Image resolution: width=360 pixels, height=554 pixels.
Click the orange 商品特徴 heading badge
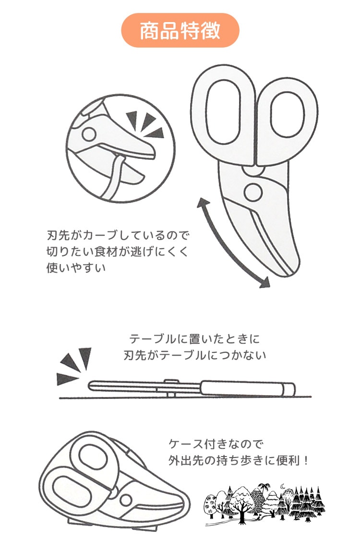coord(180,30)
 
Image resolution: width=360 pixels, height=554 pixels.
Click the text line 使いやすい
coord(76,267)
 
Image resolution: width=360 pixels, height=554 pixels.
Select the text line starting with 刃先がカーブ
coord(118,235)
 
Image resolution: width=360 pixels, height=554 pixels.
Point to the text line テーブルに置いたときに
coord(194,339)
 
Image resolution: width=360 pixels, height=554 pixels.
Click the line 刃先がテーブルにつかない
coord(195,355)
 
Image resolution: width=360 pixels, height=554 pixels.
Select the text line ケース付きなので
coord(216,444)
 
